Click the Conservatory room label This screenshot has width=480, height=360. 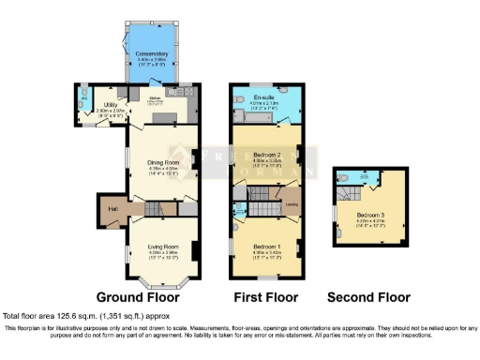point(152,53)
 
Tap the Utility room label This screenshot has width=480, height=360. point(110,105)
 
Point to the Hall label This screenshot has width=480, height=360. point(112,208)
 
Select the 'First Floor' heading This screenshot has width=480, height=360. point(265,297)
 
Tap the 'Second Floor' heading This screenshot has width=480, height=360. point(368,297)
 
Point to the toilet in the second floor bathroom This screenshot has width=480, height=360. point(347,176)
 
